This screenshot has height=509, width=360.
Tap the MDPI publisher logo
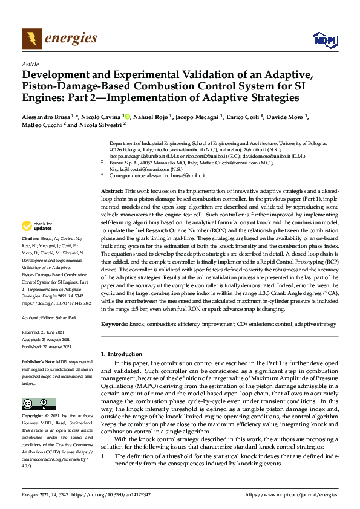point(323,39)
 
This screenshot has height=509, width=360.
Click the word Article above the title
point(30,64)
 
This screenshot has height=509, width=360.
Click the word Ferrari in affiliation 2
point(117,163)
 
